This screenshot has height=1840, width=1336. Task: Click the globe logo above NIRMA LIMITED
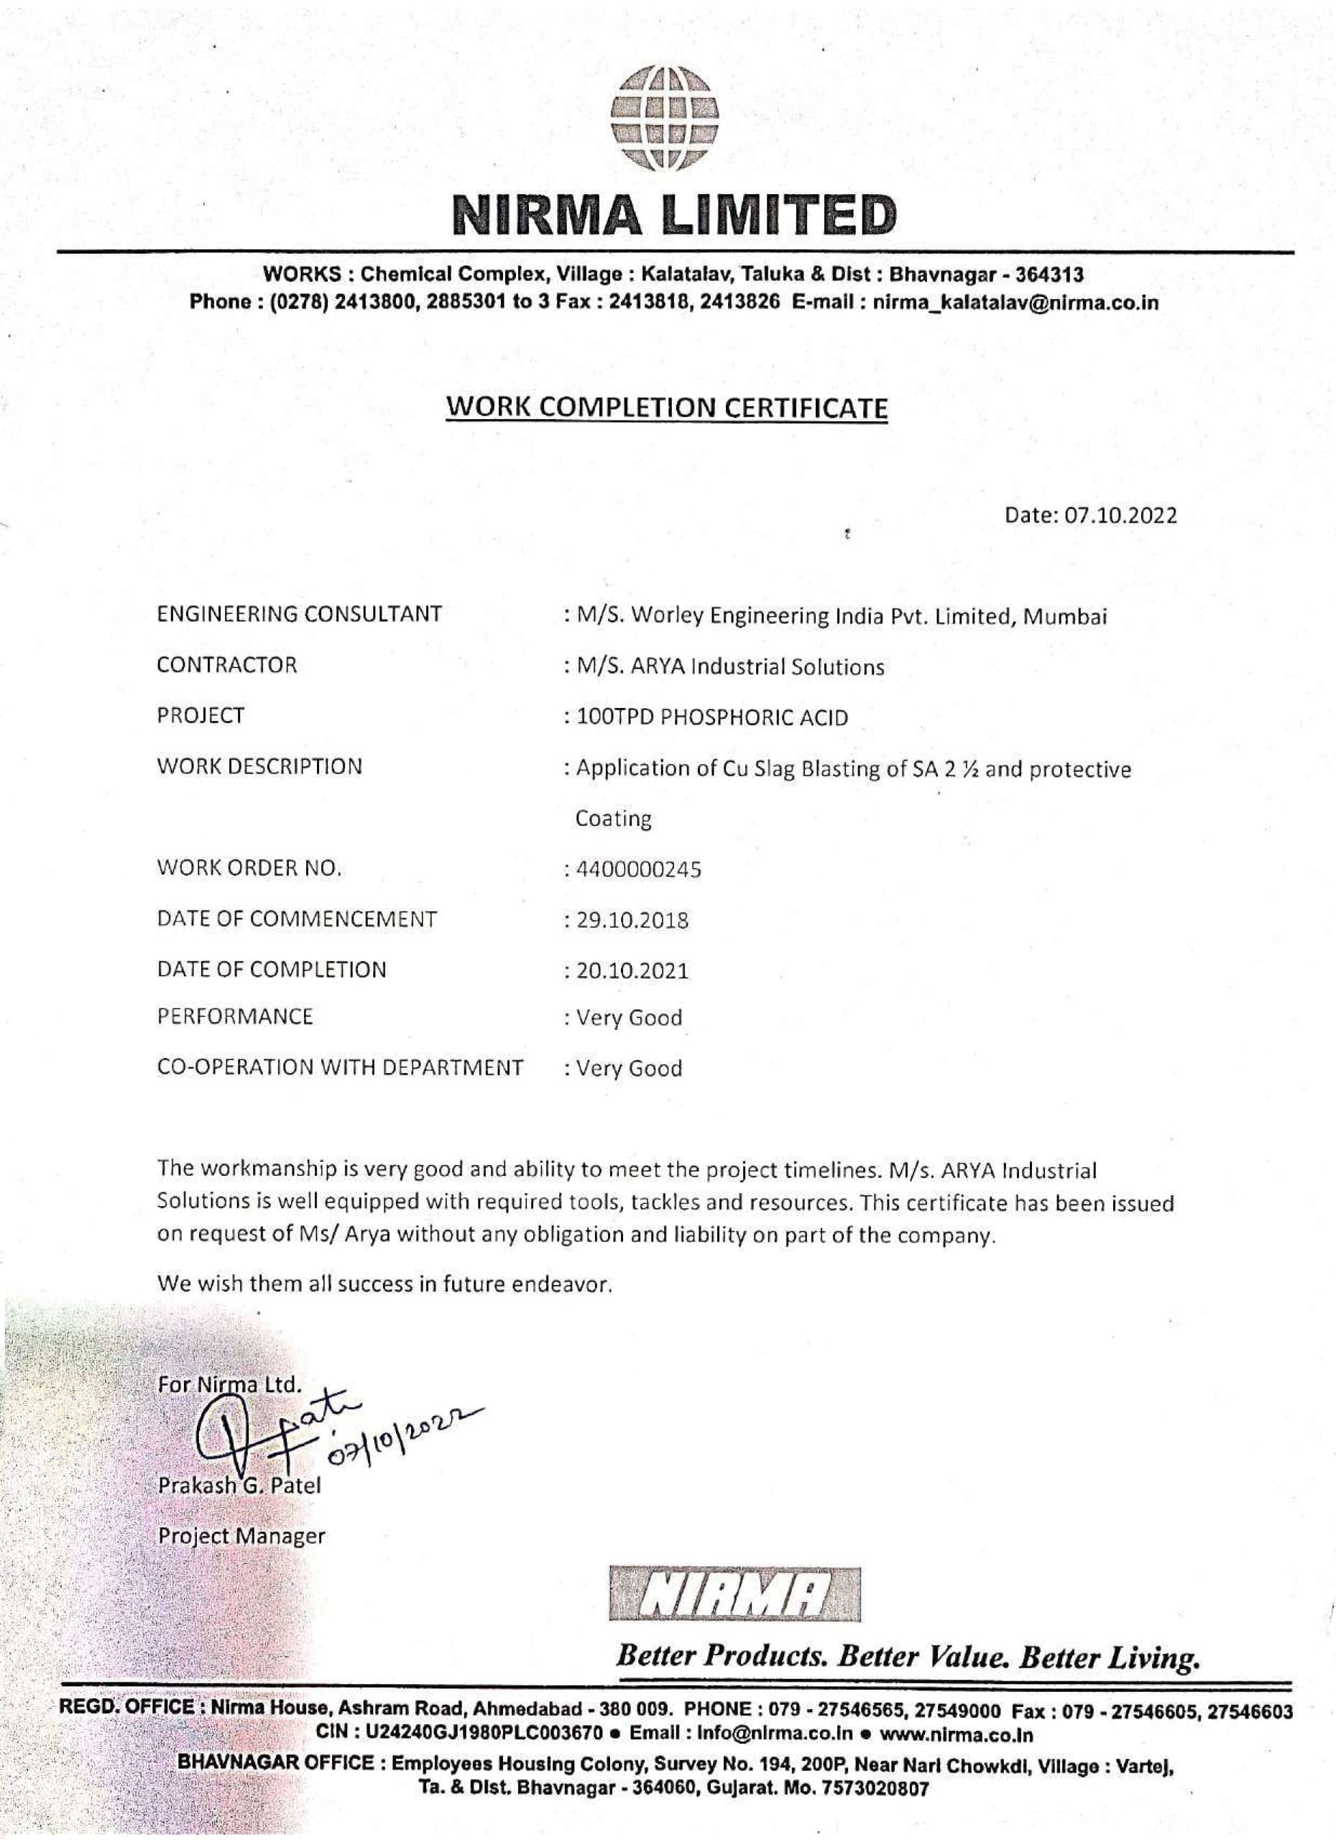point(666,119)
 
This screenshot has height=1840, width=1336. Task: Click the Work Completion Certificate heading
point(667,408)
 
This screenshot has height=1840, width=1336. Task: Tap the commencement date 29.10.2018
point(632,921)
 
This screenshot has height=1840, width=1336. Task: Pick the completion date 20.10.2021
point(632,971)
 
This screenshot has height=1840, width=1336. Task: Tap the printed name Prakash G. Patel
point(239,1486)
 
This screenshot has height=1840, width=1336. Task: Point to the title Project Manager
point(241,1536)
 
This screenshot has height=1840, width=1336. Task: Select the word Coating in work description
point(613,819)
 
